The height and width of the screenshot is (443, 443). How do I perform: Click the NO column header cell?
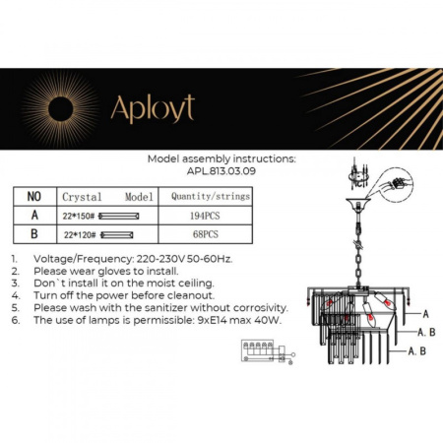click(33, 196)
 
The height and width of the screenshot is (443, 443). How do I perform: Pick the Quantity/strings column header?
click(210, 196)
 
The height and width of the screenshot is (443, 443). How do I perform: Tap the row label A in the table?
click(33, 215)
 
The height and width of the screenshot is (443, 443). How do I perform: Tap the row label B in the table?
click(33, 234)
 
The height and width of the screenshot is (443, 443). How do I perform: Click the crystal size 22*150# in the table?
click(80, 215)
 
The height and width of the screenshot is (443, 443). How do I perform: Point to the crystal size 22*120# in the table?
click(80, 234)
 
